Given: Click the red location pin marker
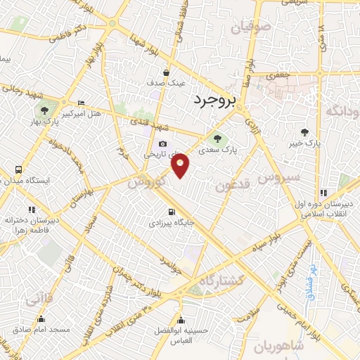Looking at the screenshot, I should [x=181, y=165].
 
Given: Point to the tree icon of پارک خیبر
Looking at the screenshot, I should [x=304, y=131].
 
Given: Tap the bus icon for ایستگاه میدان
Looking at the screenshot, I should [x=18, y=169].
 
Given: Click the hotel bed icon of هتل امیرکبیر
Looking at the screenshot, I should [x=81, y=102].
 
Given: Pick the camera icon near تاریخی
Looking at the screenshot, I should [x=162, y=143].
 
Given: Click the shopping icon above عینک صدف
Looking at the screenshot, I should [x=167, y=72].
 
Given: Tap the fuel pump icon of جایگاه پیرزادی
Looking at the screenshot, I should [x=170, y=212].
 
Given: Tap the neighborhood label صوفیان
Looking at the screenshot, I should [x=250, y=29].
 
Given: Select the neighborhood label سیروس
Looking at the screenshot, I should [x=280, y=176].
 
